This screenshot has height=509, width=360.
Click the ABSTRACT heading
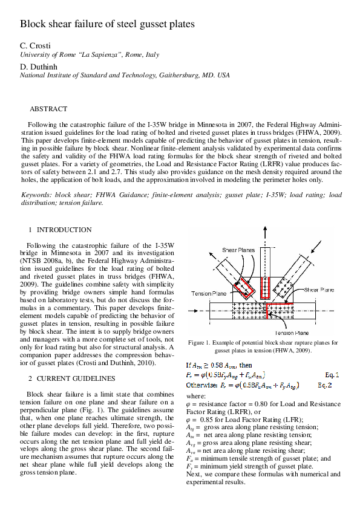click(x=48, y=109)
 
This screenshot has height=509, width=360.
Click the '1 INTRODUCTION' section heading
click(x=61, y=230)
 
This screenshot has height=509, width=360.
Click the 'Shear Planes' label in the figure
click(x=238, y=250)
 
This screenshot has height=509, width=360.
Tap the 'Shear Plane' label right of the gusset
click(x=319, y=290)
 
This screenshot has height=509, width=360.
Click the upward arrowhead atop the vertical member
click(x=264, y=230)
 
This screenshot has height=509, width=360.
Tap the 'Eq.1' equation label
click(x=332, y=375)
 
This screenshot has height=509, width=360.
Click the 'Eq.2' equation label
click(x=332, y=384)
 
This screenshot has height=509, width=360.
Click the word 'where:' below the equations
click(x=195, y=396)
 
